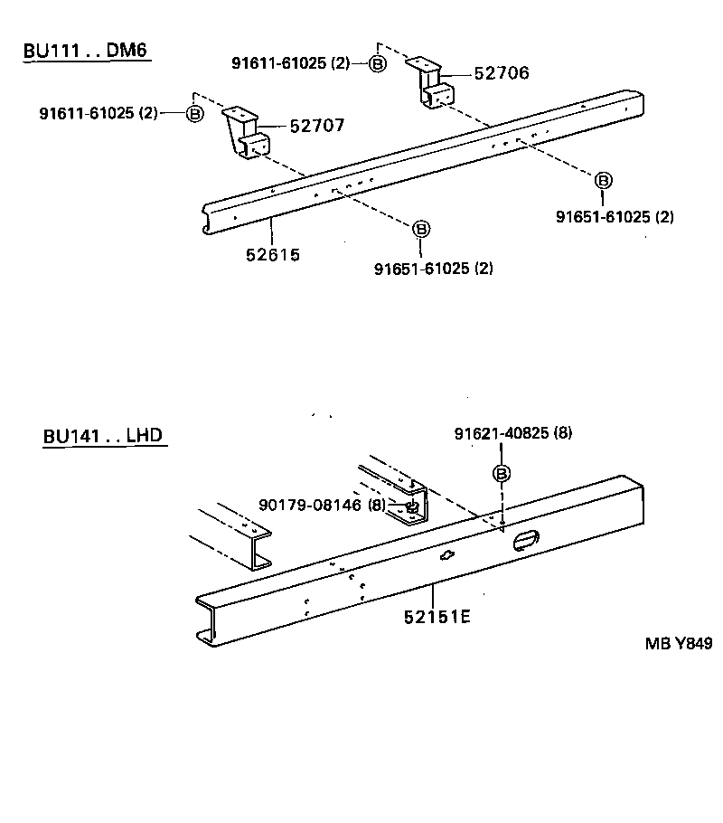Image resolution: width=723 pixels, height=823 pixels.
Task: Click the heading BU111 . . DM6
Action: click(85, 50)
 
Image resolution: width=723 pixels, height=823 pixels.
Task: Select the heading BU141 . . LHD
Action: click(102, 436)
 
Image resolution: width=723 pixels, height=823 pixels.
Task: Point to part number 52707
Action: click(316, 127)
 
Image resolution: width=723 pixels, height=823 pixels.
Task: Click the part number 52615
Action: click(272, 255)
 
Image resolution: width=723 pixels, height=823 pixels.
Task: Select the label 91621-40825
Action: click(500, 433)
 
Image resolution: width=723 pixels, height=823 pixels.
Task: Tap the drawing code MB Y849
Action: click(679, 644)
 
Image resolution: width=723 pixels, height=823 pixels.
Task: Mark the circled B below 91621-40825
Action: click(501, 473)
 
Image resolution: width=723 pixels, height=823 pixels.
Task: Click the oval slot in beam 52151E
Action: click(524, 540)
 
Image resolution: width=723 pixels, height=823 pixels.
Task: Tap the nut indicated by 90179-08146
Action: click(409, 506)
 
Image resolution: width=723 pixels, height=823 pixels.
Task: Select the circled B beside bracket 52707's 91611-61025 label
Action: click(194, 113)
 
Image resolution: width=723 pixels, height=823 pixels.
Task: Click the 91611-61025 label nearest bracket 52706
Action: click(289, 62)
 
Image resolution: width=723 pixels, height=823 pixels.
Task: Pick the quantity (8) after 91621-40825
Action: click(562, 433)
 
